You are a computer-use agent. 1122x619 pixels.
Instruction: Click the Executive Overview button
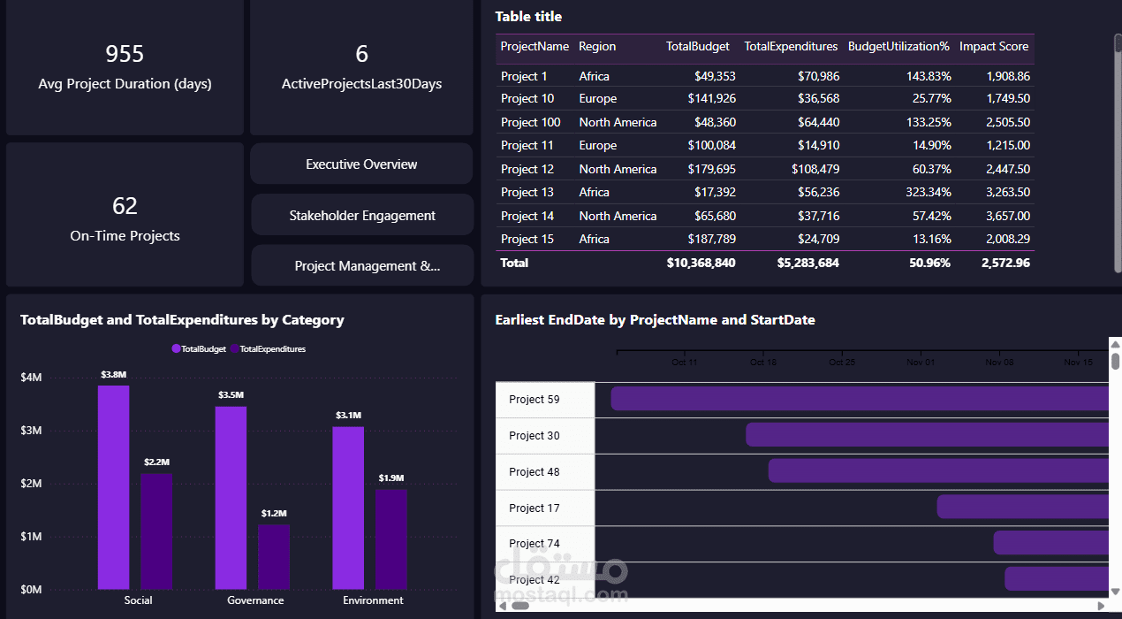click(x=361, y=164)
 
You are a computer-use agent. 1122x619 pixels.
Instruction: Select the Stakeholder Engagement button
click(x=362, y=216)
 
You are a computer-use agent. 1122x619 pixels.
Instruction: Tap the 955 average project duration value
click(x=125, y=54)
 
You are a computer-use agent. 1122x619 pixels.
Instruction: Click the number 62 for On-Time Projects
click(x=125, y=206)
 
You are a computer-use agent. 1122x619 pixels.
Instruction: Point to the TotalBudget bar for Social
click(x=113, y=486)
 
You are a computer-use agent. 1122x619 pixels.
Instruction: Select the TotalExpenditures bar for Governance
click(x=274, y=557)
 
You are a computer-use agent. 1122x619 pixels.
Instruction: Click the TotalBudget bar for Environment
click(x=348, y=508)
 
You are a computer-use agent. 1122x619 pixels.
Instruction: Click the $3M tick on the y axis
click(x=31, y=431)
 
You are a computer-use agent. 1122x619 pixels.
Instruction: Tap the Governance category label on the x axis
click(x=255, y=600)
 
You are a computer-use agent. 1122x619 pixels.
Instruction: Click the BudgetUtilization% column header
click(x=898, y=47)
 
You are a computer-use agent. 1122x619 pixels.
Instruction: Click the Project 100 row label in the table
click(x=530, y=122)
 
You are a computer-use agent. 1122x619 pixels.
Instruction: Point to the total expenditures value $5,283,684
click(x=807, y=263)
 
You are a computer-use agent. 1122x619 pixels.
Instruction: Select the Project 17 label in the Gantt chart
click(x=534, y=508)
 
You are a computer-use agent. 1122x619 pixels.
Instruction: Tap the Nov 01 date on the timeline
click(x=921, y=363)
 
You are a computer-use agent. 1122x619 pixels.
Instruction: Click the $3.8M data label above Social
click(x=113, y=375)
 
